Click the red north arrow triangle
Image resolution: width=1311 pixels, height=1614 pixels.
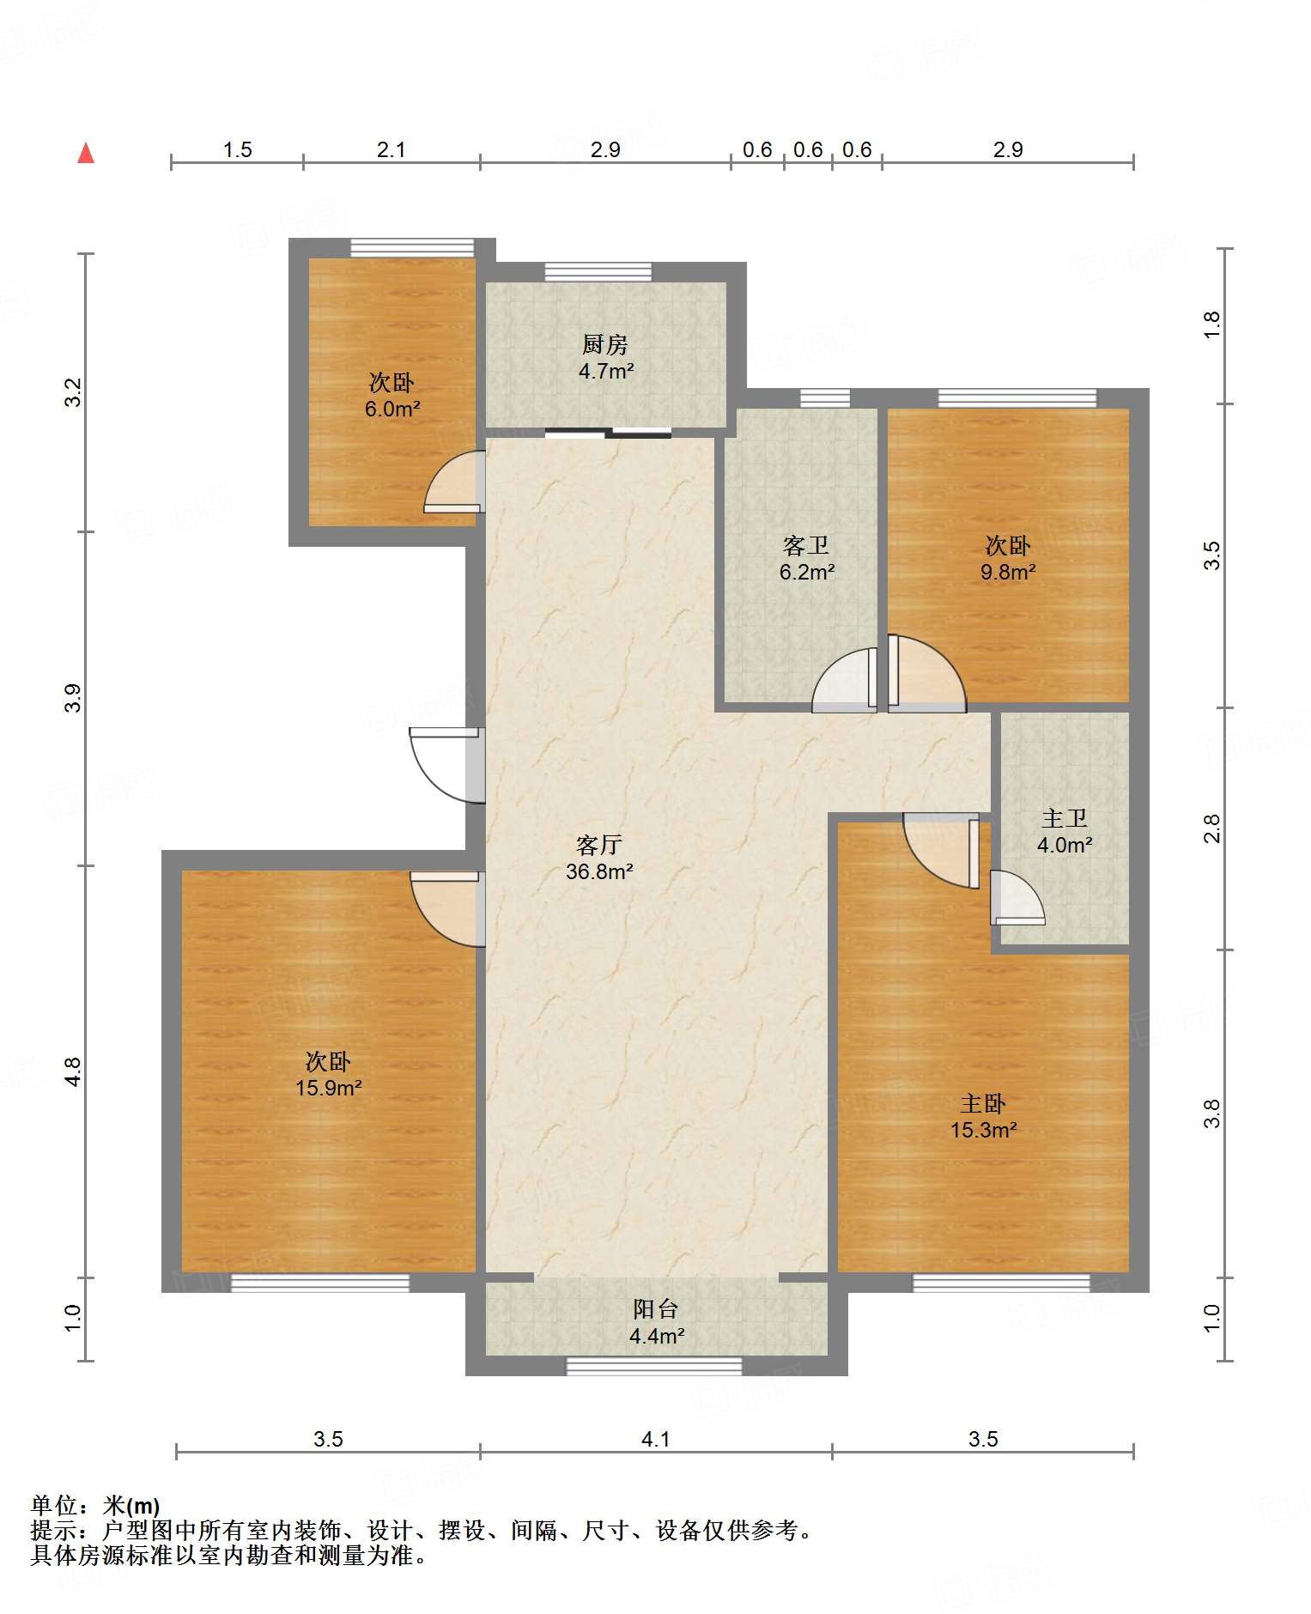click(86, 153)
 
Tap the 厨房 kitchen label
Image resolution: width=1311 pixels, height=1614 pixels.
click(605, 345)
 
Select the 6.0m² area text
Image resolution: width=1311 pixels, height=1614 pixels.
click(392, 409)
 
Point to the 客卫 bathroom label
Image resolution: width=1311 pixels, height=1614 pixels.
click(806, 546)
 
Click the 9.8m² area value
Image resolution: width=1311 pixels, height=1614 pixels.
click(1008, 572)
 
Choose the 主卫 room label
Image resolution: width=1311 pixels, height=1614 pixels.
click(1065, 819)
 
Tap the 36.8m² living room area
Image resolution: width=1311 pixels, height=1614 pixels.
click(599, 871)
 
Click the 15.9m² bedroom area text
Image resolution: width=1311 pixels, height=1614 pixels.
click(329, 1088)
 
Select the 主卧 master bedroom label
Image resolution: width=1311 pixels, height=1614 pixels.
click(983, 1104)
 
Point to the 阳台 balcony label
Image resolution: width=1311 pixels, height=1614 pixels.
click(656, 1309)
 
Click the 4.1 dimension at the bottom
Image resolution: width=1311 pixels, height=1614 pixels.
click(656, 1439)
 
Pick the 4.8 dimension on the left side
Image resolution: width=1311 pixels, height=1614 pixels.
click(73, 1071)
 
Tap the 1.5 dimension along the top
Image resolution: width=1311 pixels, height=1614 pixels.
click(238, 150)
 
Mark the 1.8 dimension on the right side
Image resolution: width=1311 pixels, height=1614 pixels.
click(1211, 325)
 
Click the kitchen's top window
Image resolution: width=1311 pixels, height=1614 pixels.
click(598, 271)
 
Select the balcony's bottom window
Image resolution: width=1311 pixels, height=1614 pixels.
click(654, 1366)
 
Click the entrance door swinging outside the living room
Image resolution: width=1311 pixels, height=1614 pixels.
click(447, 765)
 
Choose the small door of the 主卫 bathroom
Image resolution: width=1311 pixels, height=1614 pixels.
click(1017, 897)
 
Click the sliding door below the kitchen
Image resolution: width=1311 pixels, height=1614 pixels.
click(608, 433)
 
